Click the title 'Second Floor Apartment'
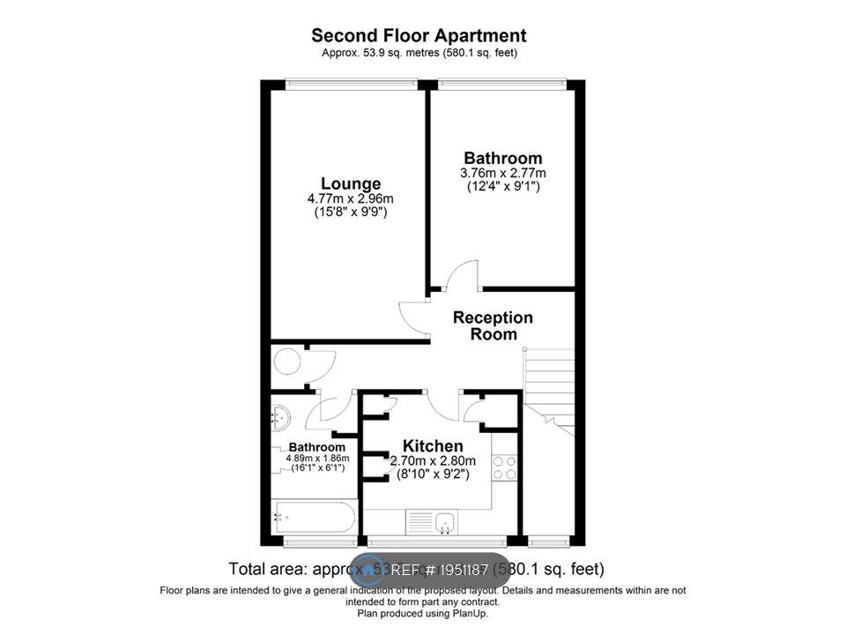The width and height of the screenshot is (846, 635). pyautogui.click(x=419, y=36)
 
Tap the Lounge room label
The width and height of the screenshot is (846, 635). pyautogui.click(x=351, y=183)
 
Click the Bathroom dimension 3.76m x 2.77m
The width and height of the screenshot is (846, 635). pyautogui.click(x=503, y=173)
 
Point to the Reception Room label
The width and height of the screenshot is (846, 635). pyautogui.click(x=493, y=325)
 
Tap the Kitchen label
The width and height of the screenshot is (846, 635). pyautogui.click(x=433, y=446)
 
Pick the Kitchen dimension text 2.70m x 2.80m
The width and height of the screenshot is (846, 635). pyautogui.click(x=433, y=461)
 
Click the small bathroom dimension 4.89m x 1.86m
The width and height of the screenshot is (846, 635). pyautogui.click(x=317, y=459)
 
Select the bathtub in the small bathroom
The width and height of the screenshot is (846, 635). pyautogui.click(x=315, y=514)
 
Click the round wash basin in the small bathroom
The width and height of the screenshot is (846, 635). pyautogui.click(x=281, y=415)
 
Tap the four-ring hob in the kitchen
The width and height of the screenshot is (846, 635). pyautogui.click(x=505, y=467)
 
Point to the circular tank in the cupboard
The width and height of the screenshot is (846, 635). pyautogui.click(x=286, y=362)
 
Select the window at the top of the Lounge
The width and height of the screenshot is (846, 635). pyautogui.click(x=351, y=84)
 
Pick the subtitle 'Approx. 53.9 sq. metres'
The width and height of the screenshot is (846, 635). pyautogui.click(x=419, y=54)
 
